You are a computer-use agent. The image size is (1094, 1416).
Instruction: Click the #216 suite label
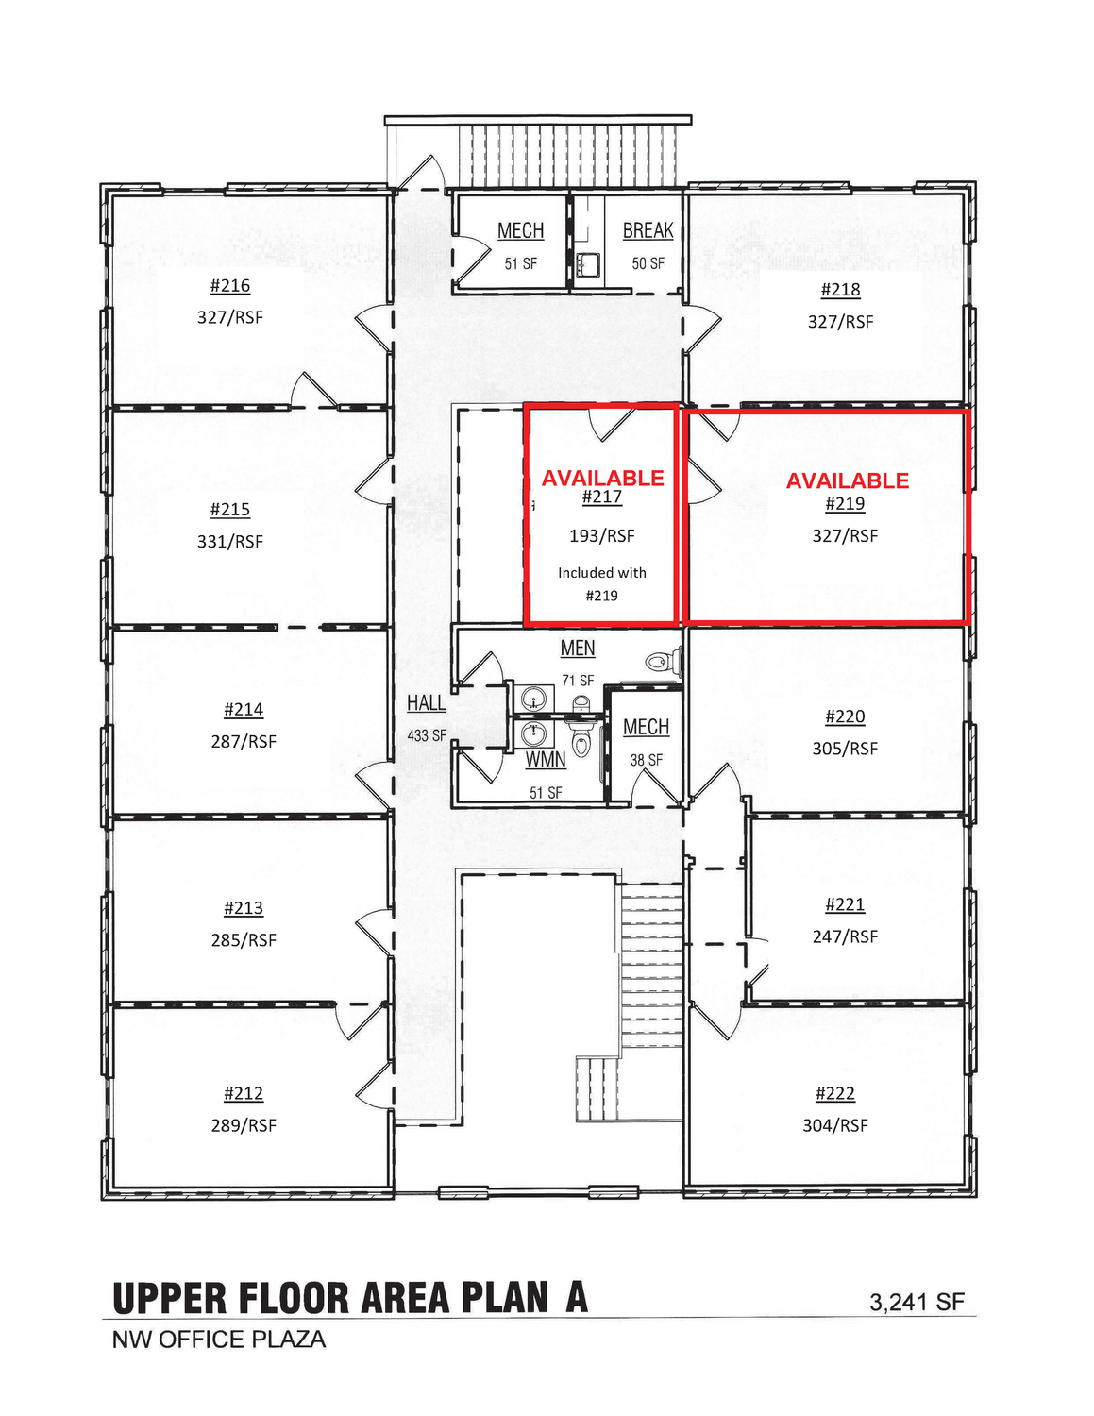point(230,285)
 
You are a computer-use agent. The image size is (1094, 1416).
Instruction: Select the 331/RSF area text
point(230,542)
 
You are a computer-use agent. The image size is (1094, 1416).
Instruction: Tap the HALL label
point(426,703)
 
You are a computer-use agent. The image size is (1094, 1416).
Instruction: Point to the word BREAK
point(648,230)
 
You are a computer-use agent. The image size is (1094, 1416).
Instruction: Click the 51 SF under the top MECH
point(521,264)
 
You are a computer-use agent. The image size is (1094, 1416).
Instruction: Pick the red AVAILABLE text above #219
point(847,480)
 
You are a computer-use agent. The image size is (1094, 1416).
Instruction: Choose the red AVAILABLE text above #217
point(603,479)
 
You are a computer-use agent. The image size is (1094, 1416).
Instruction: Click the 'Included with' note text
point(602,573)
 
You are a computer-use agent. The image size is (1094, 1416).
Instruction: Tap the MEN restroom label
point(578,649)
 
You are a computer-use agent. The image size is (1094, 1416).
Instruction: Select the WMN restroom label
point(546,760)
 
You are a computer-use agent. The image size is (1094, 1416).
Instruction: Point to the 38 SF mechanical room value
point(646,761)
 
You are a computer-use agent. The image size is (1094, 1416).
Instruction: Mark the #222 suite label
point(834,1093)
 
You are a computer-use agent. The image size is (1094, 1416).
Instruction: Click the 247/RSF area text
point(845,936)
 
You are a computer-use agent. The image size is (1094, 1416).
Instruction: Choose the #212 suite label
point(243,1093)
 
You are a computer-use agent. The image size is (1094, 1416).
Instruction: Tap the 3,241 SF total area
point(917,1302)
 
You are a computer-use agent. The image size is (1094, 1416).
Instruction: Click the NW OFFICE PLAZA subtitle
point(219,1340)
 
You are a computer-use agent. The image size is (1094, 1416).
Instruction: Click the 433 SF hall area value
point(427,735)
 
